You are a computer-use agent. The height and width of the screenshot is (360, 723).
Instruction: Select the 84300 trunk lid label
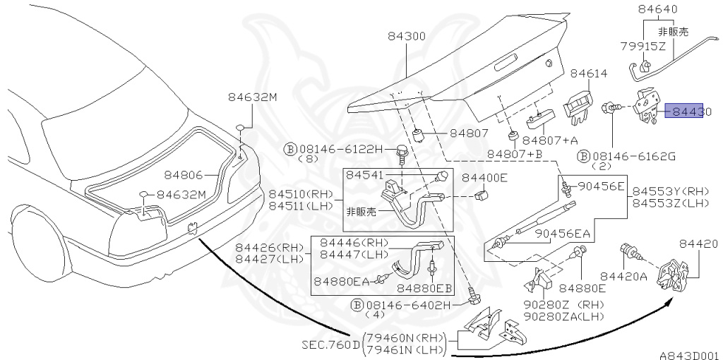point(406,35)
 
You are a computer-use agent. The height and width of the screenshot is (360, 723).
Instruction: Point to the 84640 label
point(657,10)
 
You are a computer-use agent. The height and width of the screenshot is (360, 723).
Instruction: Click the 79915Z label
point(643,47)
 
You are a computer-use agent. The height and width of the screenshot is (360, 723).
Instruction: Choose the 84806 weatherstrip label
point(184,174)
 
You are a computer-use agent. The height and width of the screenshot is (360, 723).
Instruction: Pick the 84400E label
point(484,178)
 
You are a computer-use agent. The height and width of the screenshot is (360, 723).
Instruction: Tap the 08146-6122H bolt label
point(340,149)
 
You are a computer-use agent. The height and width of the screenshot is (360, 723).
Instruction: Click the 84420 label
point(698,244)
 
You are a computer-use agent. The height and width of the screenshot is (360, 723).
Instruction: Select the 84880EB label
point(423,287)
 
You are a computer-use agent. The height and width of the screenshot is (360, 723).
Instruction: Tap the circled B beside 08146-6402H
point(358,305)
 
